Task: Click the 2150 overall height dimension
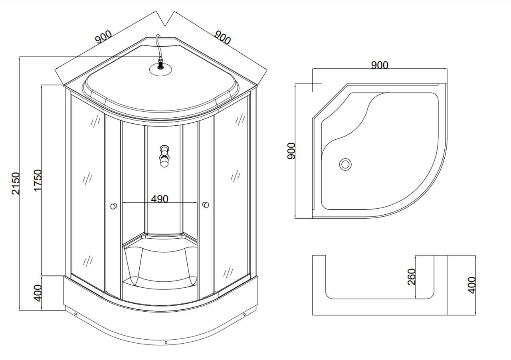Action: tap(16, 184)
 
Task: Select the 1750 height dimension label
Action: tap(38, 180)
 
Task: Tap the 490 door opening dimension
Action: tap(159, 199)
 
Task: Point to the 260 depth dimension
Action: tap(412, 277)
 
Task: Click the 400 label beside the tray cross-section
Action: tap(471, 285)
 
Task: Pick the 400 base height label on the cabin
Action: tap(38, 293)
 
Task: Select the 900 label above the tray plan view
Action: tap(380, 65)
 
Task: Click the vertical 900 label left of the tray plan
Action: tap(291, 151)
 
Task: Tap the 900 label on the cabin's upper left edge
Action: tap(103, 37)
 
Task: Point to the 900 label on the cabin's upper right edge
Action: tap(223, 38)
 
